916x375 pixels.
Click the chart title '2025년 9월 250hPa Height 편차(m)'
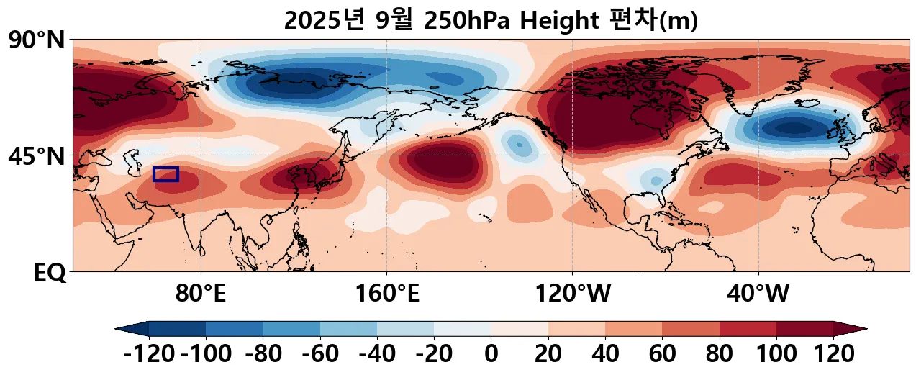click(x=491, y=21)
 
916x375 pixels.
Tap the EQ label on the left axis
click(x=50, y=272)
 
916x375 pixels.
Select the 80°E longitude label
click(x=201, y=293)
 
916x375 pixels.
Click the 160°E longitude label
click(x=387, y=293)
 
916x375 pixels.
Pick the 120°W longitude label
click(x=573, y=293)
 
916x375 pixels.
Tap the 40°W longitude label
click(x=758, y=293)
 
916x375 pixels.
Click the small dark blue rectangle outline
click(x=165, y=174)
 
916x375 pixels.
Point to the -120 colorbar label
click(x=149, y=354)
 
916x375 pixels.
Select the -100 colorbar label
click(x=205, y=354)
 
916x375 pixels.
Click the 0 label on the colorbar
click(x=491, y=354)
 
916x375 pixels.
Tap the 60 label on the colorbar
click(x=662, y=354)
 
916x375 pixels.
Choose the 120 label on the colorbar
click(x=833, y=354)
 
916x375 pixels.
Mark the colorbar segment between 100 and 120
click(x=804, y=329)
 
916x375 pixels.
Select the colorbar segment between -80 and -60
click(x=291, y=329)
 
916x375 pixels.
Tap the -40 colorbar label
click(x=376, y=354)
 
